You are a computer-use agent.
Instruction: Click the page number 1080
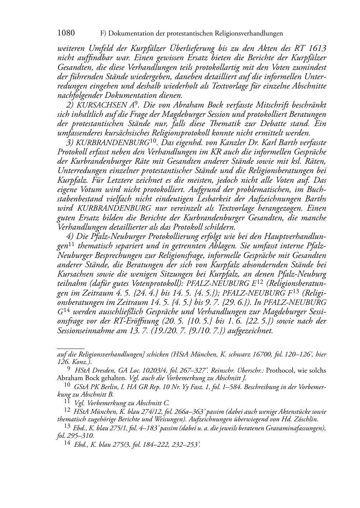[66, 33]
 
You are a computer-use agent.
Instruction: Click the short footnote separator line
[71, 348]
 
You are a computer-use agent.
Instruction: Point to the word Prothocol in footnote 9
[280, 370]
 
